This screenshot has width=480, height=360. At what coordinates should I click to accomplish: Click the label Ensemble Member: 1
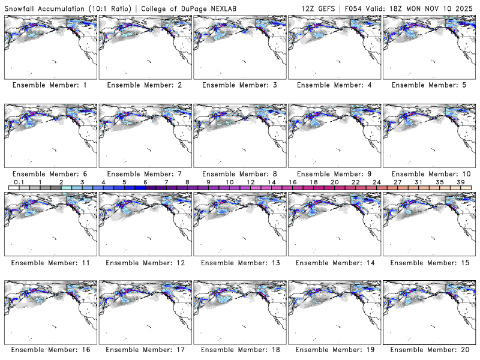pyautogui.click(x=50, y=85)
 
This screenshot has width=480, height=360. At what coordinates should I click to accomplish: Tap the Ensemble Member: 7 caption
pyautogui.click(x=144, y=174)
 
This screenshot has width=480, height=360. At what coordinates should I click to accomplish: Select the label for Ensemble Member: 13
pyautogui.click(x=239, y=262)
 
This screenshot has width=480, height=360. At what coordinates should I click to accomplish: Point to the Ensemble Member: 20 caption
pyautogui.click(x=428, y=350)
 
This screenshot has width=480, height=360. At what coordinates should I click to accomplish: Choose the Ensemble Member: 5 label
pyautogui.click(x=428, y=85)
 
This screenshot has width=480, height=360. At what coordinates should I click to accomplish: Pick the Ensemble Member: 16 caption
pyautogui.click(x=50, y=350)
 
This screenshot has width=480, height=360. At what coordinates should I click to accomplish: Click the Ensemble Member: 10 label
pyautogui.click(x=428, y=174)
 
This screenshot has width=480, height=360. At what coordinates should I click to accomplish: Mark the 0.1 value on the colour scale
pyautogui.click(x=19, y=182)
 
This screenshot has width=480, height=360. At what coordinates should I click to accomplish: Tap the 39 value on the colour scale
pyautogui.click(x=461, y=182)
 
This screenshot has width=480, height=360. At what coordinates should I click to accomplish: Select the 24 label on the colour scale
pyautogui.click(x=377, y=182)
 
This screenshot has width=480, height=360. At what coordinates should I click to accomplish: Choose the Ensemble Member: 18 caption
pyautogui.click(x=239, y=350)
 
